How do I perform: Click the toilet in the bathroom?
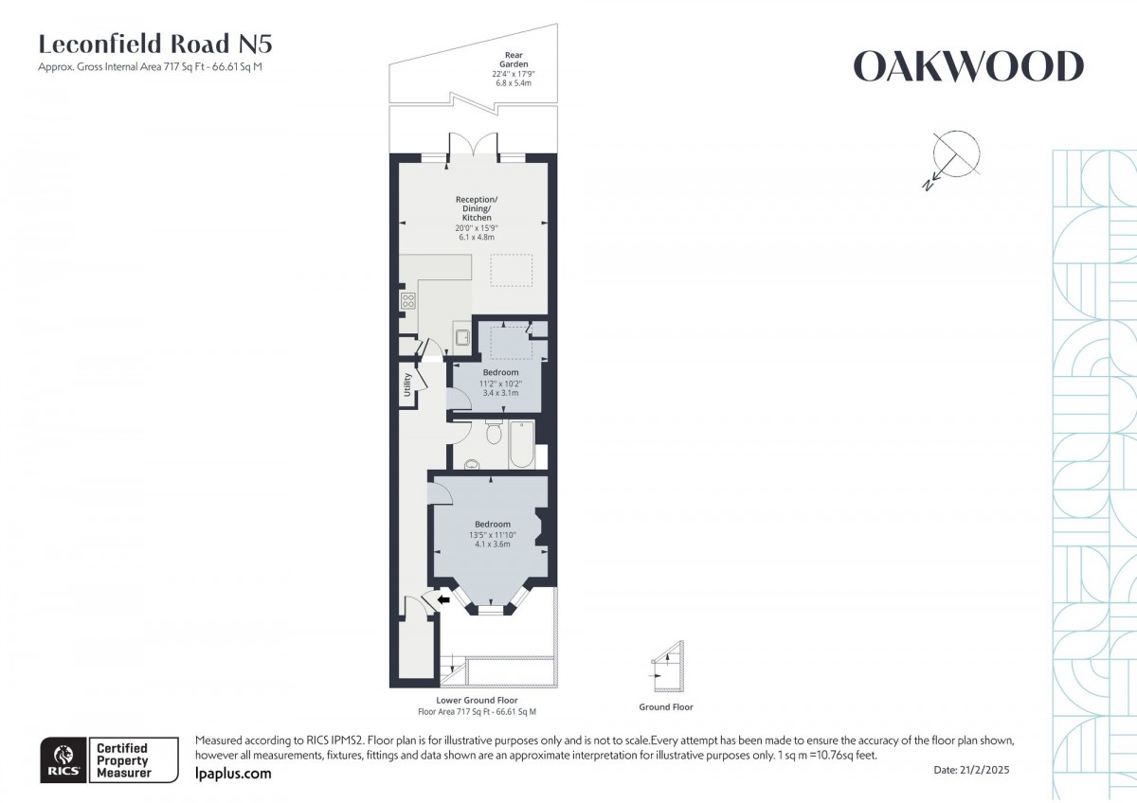click(493, 433)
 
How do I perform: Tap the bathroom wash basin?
click(472, 465)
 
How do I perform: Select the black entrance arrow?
click(442, 598)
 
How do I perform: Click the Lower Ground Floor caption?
click(477, 701)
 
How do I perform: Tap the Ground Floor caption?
click(666, 707)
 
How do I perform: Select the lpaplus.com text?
click(233, 774)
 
